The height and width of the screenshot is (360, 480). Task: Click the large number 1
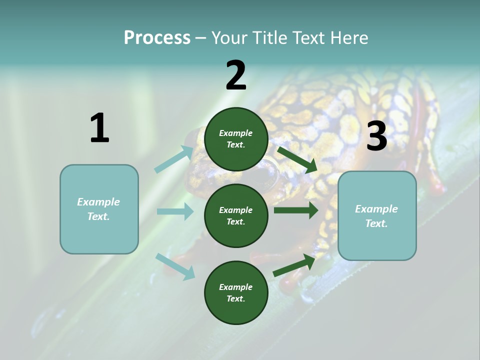(x=99, y=128)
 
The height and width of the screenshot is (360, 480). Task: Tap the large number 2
(x=236, y=75)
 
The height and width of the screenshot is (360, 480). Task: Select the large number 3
(x=376, y=136)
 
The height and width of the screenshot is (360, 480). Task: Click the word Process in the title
(x=157, y=37)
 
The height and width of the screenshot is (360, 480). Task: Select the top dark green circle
(x=236, y=139)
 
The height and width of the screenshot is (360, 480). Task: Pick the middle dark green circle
(x=236, y=215)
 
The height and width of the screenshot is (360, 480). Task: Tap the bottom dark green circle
(x=236, y=292)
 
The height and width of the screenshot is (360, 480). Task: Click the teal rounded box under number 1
(x=99, y=209)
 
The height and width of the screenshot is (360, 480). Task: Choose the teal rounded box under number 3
(x=377, y=216)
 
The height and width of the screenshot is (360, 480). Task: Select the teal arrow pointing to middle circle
(x=175, y=211)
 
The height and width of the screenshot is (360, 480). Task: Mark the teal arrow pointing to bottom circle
(x=175, y=266)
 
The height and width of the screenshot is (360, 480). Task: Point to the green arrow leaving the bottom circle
(x=294, y=265)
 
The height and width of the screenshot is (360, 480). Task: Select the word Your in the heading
(x=229, y=37)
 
